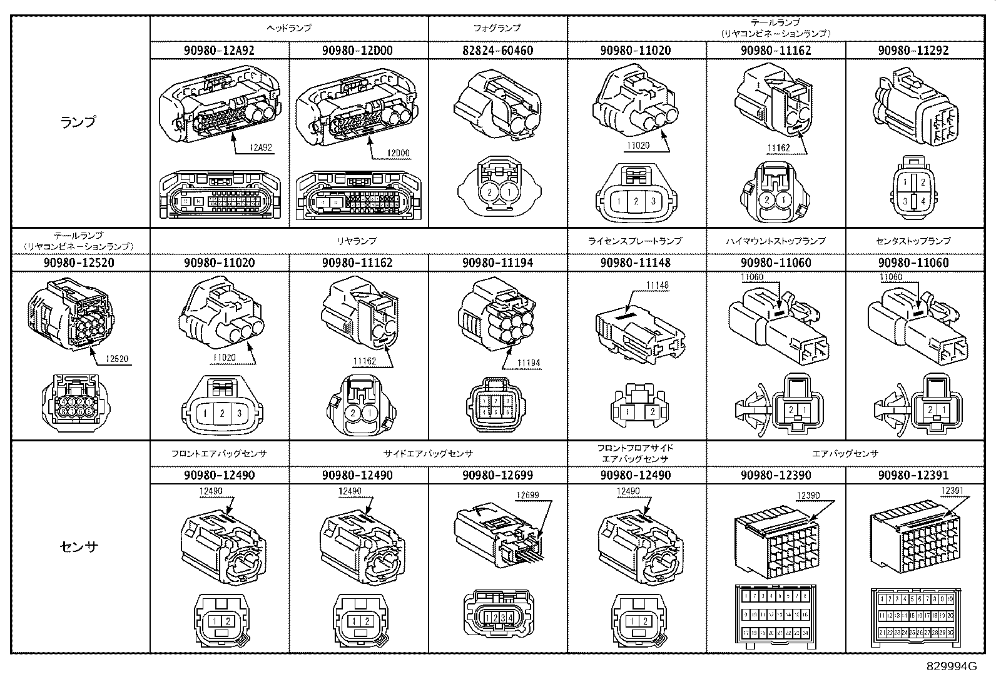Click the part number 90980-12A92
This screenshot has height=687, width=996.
pos(219,51)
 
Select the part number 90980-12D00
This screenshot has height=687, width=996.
pos(358,51)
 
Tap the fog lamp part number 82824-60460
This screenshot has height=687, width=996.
pos(497,51)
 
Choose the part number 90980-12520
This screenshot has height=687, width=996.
pos(79,263)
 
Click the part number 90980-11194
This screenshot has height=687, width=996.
pos(497,263)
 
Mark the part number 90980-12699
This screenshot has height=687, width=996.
pos(497,476)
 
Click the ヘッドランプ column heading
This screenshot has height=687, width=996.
pos(288,28)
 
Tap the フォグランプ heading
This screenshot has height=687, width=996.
pos(497,28)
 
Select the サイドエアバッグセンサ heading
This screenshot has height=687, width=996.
pos(428,454)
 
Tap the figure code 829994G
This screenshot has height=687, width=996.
pos(952,666)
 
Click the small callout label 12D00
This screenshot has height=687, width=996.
pos(398,153)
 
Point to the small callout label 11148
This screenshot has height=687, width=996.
pos(657,286)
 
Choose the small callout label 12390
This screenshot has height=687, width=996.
pos(807,496)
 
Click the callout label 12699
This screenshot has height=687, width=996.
pos(527,496)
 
